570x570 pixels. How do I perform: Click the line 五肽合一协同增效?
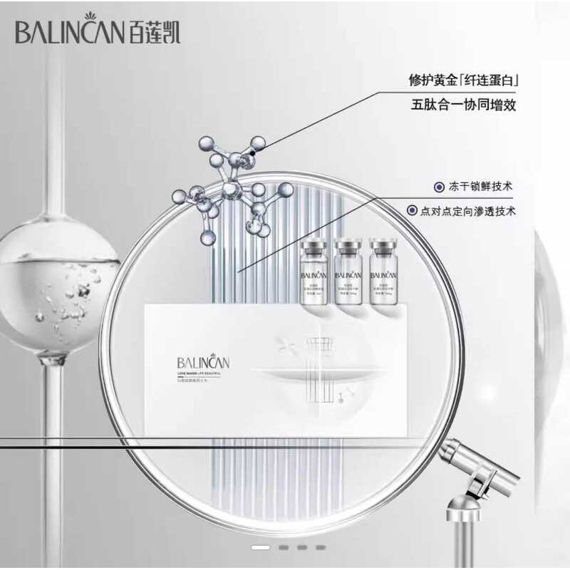[463, 105]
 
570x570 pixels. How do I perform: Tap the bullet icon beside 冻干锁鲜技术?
[439, 187]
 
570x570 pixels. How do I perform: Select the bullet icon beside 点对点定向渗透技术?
[411, 211]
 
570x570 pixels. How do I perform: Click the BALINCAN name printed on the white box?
[204, 361]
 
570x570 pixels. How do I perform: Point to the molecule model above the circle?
[235, 189]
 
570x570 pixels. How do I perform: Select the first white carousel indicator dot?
[261, 547]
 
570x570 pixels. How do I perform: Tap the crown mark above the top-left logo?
[91, 16]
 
